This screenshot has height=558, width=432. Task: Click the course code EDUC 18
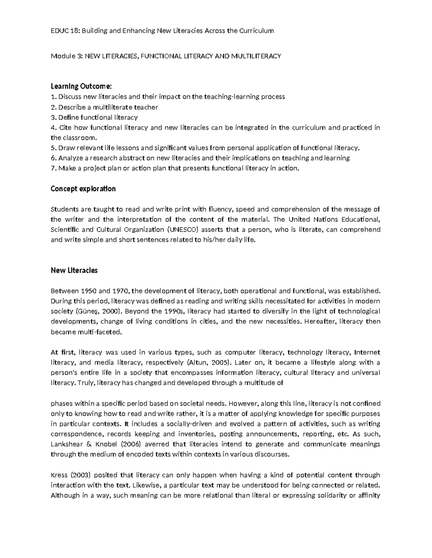pyautogui.click(x=65, y=31)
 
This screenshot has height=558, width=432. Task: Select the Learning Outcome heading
pyautogui.click(x=81, y=86)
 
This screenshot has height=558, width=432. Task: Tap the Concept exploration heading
pyautogui.click(x=83, y=189)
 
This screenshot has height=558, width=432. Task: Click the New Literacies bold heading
pyautogui.click(x=74, y=271)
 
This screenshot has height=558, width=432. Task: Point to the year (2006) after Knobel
pyautogui.click(x=127, y=444)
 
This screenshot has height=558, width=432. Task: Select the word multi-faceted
pyautogui.click(x=101, y=332)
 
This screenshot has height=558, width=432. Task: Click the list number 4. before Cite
pyautogui.click(x=54, y=128)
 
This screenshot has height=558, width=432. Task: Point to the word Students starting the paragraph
pyautogui.click(x=63, y=209)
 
